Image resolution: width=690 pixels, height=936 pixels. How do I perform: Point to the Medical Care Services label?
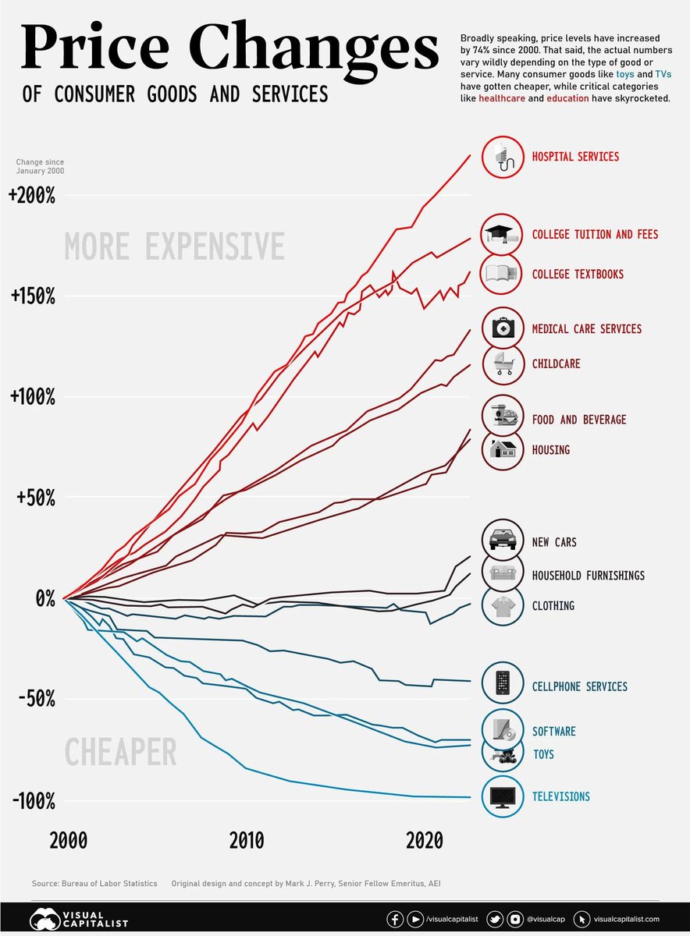click(x=586, y=329)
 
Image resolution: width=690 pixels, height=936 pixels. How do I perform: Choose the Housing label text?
click(x=550, y=450)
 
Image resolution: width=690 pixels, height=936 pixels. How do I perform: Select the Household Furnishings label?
click(x=588, y=576)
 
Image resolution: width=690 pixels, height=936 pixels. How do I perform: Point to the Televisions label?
click(x=560, y=796)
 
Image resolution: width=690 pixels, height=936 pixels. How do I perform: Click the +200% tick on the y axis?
click(x=32, y=196)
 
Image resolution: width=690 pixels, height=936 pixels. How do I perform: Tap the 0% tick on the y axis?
click(x=43, y=598)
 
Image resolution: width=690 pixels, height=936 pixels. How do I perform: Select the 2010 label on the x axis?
click(x=247, y=841)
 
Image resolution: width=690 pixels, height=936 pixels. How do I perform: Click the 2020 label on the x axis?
click(x=424, y=841)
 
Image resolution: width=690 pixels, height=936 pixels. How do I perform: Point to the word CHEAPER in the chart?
click(x=120, y=753)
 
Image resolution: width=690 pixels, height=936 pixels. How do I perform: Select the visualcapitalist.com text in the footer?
click(x=627, y=920)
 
